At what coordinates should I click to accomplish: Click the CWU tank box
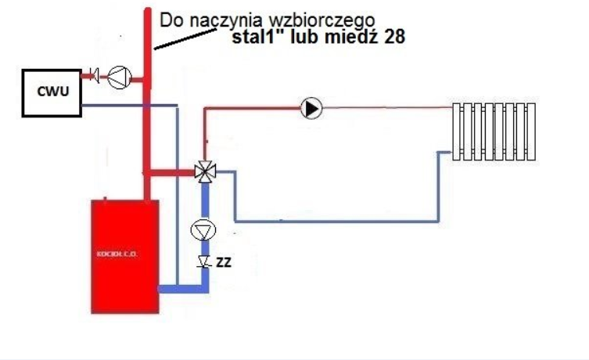pos(52,93)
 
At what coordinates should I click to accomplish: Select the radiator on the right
pos(494,131)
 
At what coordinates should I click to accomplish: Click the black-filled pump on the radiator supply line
pos(311,108)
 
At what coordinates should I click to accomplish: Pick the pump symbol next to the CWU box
pos(119,76)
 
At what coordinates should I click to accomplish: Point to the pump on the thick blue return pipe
pos(203,230)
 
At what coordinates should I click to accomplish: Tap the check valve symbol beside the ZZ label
pos(203,261)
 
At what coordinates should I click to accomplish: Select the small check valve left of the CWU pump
pos(95,76)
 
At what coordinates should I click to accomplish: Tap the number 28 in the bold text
pos(393,36)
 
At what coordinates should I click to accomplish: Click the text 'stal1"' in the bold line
pos(257,36)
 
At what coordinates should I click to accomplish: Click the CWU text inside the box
pos(52,93)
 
